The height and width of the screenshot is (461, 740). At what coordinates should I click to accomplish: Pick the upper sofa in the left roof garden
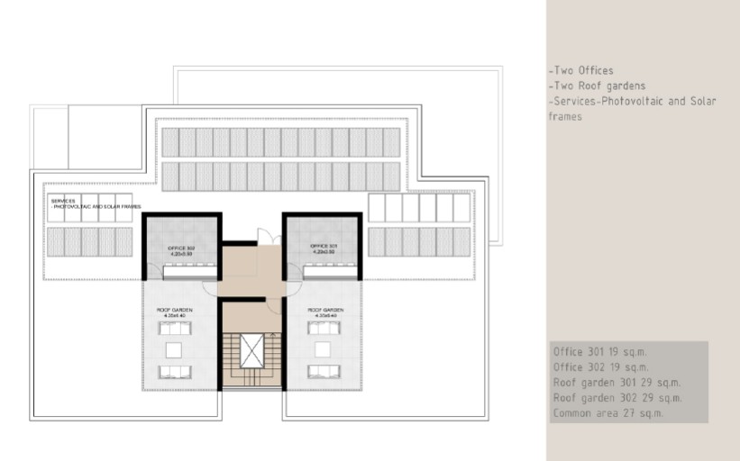click(172, 329)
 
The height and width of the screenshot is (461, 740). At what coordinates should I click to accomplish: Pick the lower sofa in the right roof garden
click(322, 372)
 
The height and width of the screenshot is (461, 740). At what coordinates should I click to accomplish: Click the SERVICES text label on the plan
click(64, 201)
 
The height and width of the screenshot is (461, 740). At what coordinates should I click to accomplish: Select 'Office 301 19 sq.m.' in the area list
click(599, 352)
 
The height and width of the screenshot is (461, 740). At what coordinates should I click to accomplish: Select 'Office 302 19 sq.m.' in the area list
click(599, 367)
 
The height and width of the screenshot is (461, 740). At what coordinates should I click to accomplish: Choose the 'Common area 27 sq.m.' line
click(608, 413)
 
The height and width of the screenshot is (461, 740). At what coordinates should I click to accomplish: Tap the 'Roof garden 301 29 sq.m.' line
click(617, 383)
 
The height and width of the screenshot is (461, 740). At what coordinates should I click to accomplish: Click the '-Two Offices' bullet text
click(580, 70)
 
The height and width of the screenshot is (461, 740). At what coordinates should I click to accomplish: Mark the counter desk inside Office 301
click(322, 266)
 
